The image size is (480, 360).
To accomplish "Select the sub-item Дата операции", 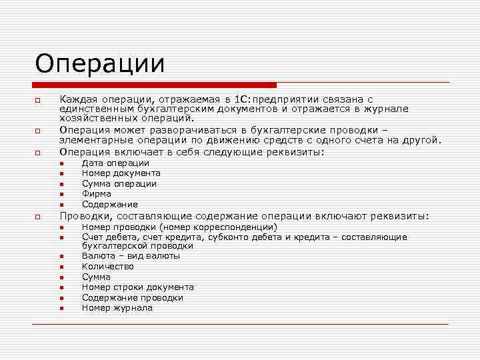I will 115,163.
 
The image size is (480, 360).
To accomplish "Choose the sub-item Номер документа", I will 121,173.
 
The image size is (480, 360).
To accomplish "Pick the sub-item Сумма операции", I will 119,183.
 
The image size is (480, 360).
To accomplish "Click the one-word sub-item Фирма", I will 97,194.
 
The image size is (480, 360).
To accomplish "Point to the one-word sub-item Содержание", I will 110,204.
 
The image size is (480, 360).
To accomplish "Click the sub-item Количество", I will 108,267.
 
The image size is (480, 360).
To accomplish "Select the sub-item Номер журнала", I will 117,308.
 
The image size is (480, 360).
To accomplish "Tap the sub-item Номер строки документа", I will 138,287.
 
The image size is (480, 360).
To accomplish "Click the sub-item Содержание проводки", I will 133,298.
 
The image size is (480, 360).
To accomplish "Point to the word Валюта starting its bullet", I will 98,256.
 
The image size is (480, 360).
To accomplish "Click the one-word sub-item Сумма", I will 97,277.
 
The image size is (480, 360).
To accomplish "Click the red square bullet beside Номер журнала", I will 60,309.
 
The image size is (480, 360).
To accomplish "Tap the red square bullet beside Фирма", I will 60,195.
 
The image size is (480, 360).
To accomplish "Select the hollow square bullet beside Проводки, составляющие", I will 39,217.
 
